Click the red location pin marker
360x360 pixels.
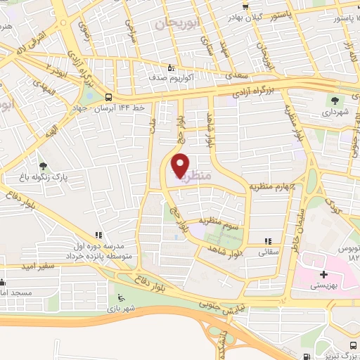point(181,166)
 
